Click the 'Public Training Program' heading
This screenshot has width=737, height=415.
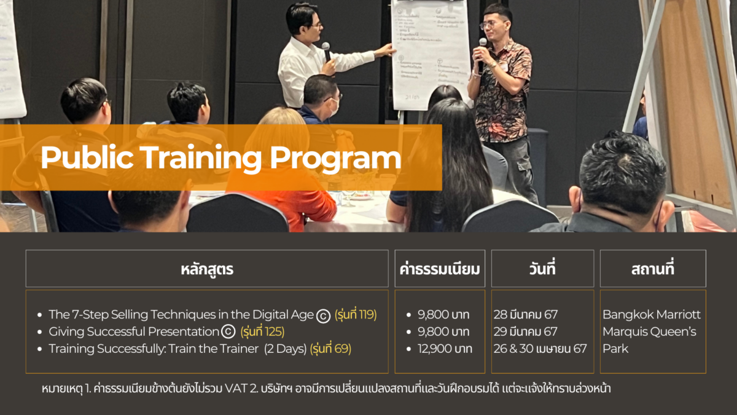pos(220,158)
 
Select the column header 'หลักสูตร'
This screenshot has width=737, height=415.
pos(207,269)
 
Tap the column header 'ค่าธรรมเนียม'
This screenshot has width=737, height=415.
pos(440,269)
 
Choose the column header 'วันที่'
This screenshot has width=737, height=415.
pos(542,269)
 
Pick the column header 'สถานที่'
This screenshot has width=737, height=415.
pos(652,269)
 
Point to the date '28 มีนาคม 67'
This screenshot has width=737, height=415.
pos(526,315)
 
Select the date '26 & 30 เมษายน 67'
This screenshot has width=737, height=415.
pos(540,349)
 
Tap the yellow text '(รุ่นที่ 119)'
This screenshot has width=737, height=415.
pos(356,315)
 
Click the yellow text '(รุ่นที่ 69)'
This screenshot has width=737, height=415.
pos(330,349)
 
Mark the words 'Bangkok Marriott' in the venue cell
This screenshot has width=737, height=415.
pos(651,315)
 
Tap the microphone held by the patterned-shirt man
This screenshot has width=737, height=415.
pos(482,47)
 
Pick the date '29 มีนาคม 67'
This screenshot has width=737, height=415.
pos(526,332)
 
